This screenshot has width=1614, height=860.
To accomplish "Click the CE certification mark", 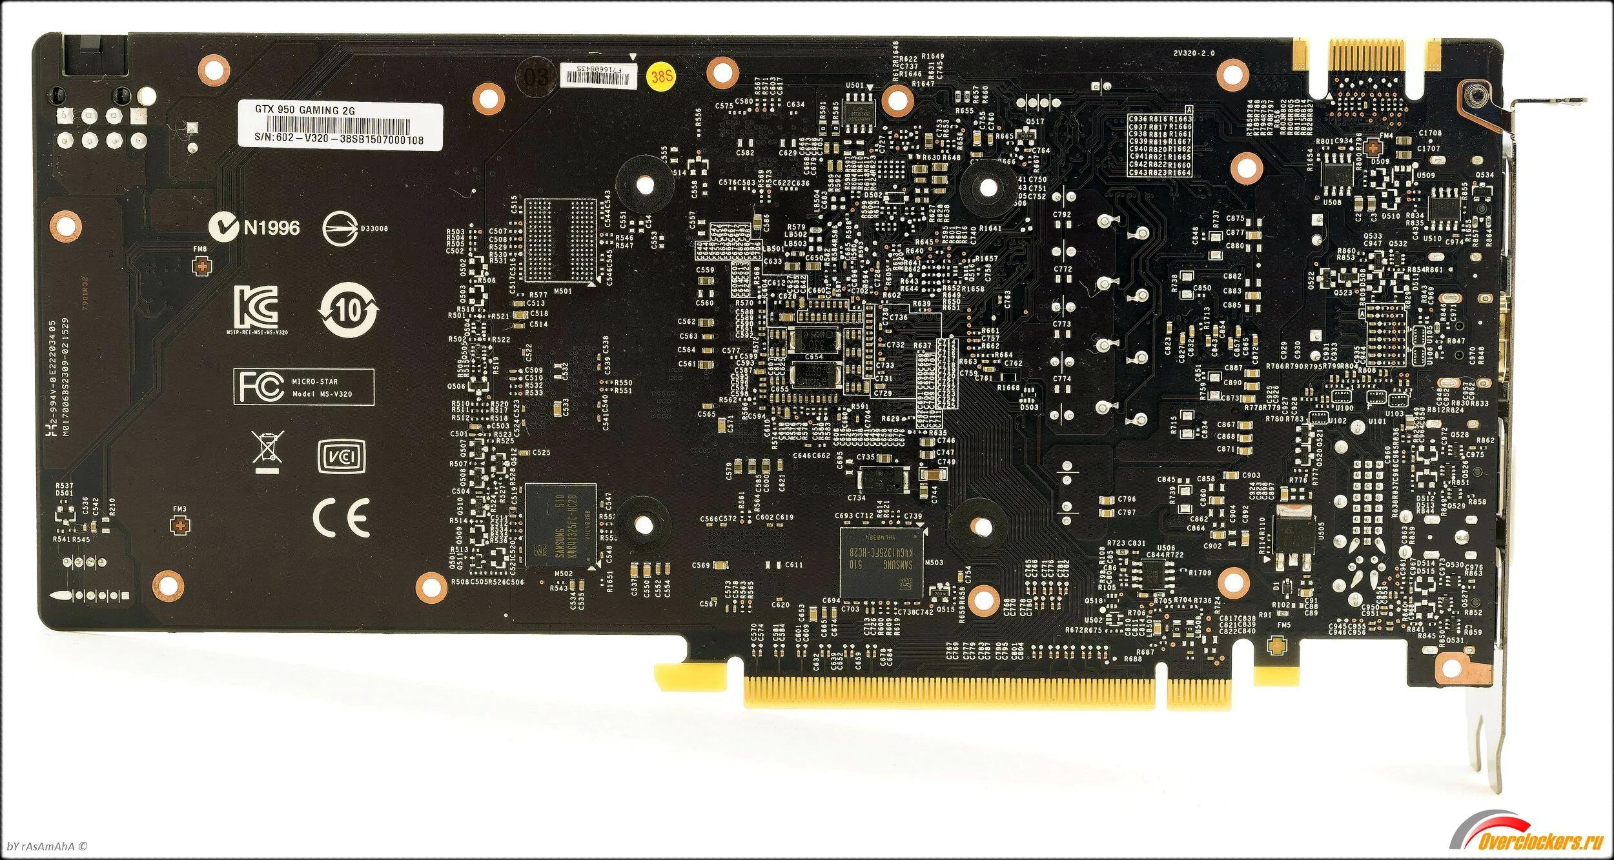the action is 341,517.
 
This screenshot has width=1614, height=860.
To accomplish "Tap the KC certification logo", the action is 256,306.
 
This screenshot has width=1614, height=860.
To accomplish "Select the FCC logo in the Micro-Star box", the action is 261,386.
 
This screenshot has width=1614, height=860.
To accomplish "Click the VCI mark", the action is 342,456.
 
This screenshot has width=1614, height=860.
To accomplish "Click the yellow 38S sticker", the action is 661,77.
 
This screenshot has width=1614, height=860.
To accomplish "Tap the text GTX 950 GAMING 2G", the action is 305,110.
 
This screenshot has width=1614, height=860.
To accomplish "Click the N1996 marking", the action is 272,228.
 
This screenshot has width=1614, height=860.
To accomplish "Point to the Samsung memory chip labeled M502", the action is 560,525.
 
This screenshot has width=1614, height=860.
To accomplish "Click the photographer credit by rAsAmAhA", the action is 46,846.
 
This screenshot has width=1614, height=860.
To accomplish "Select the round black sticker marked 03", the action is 536,77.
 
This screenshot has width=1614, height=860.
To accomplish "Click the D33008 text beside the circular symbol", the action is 374,228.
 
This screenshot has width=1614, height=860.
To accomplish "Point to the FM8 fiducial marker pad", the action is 202,265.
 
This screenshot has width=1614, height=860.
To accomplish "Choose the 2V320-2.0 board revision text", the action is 1194,53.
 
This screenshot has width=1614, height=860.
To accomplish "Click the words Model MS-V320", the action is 322,394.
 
